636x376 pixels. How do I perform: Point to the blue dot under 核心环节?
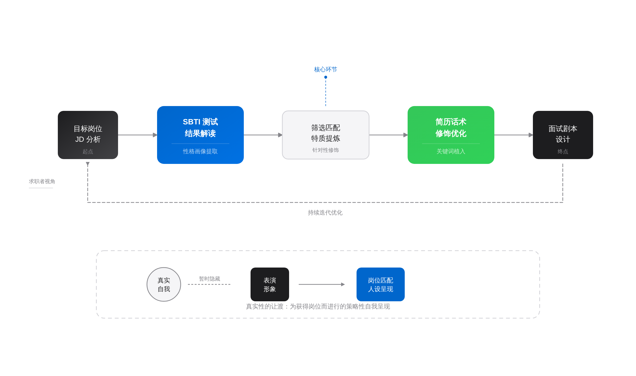(326, 77)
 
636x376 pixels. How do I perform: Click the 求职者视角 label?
(42, 181)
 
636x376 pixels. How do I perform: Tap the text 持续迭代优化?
(325, 213)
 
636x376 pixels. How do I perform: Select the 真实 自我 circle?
(164, 284)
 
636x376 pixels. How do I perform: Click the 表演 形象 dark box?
(270, 284)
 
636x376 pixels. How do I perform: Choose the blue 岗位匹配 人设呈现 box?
(380, 284)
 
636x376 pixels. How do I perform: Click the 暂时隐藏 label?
(209, 279)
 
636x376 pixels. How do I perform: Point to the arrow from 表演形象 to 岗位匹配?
(322, 284)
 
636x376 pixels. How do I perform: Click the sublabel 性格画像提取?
(200, 151)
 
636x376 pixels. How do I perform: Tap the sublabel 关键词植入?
(451, 151)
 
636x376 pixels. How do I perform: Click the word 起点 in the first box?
(88, 152)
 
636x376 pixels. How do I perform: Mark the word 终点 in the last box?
(563, 152)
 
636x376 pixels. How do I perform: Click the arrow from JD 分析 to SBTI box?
(138, 135)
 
